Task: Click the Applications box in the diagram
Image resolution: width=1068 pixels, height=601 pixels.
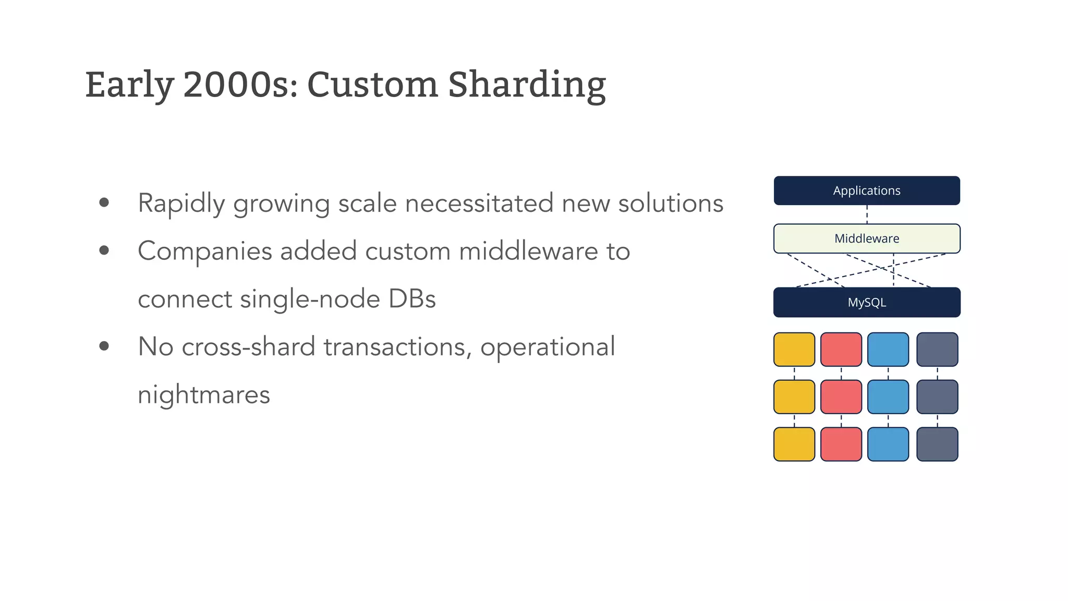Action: pyautogui.click(x=866, y=190)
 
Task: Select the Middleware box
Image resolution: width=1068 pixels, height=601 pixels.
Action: pyautogui.click(x=866, y=238)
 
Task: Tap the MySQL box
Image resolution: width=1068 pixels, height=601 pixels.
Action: pyautogui.click(x=866, y=302)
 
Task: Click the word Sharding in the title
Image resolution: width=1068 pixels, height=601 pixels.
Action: pyautogui.click(x=527, y=85)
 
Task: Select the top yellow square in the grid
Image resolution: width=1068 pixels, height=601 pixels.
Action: pyautogui.click(x=794, y=349)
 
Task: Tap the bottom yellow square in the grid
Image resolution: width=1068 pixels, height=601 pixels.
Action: pyautogui.click(x=794, y=444)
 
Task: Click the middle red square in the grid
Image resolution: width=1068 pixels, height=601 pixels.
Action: pyautogui.click(x=841, y=396)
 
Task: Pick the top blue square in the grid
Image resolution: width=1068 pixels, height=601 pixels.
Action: pyautogui.click(x=888, y=349)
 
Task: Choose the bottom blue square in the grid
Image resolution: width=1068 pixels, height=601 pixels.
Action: pyautogui.click(x=888, y=444)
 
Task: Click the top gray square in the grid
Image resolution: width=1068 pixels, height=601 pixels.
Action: pyautogui.click(x=937, y=349)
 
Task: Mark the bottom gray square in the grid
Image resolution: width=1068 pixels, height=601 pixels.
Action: pyautogui.click(x=937, y=444)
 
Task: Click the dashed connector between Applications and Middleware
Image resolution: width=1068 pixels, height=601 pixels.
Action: pyautogui.click(x=867, y=214)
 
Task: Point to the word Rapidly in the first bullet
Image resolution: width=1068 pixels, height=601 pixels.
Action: pyautogui.click(x=181, y=203)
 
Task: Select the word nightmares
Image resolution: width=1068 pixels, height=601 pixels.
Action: pyautogui.click(x=204, y=394)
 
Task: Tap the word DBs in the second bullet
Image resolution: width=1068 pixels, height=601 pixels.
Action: pyautogui.click(x=411, y=299)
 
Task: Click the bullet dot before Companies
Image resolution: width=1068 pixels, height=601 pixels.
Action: pyautogui.click(x=104, y=251)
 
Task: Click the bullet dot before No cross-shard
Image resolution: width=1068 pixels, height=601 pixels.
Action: pyautogui.click(x=104, y=346)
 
